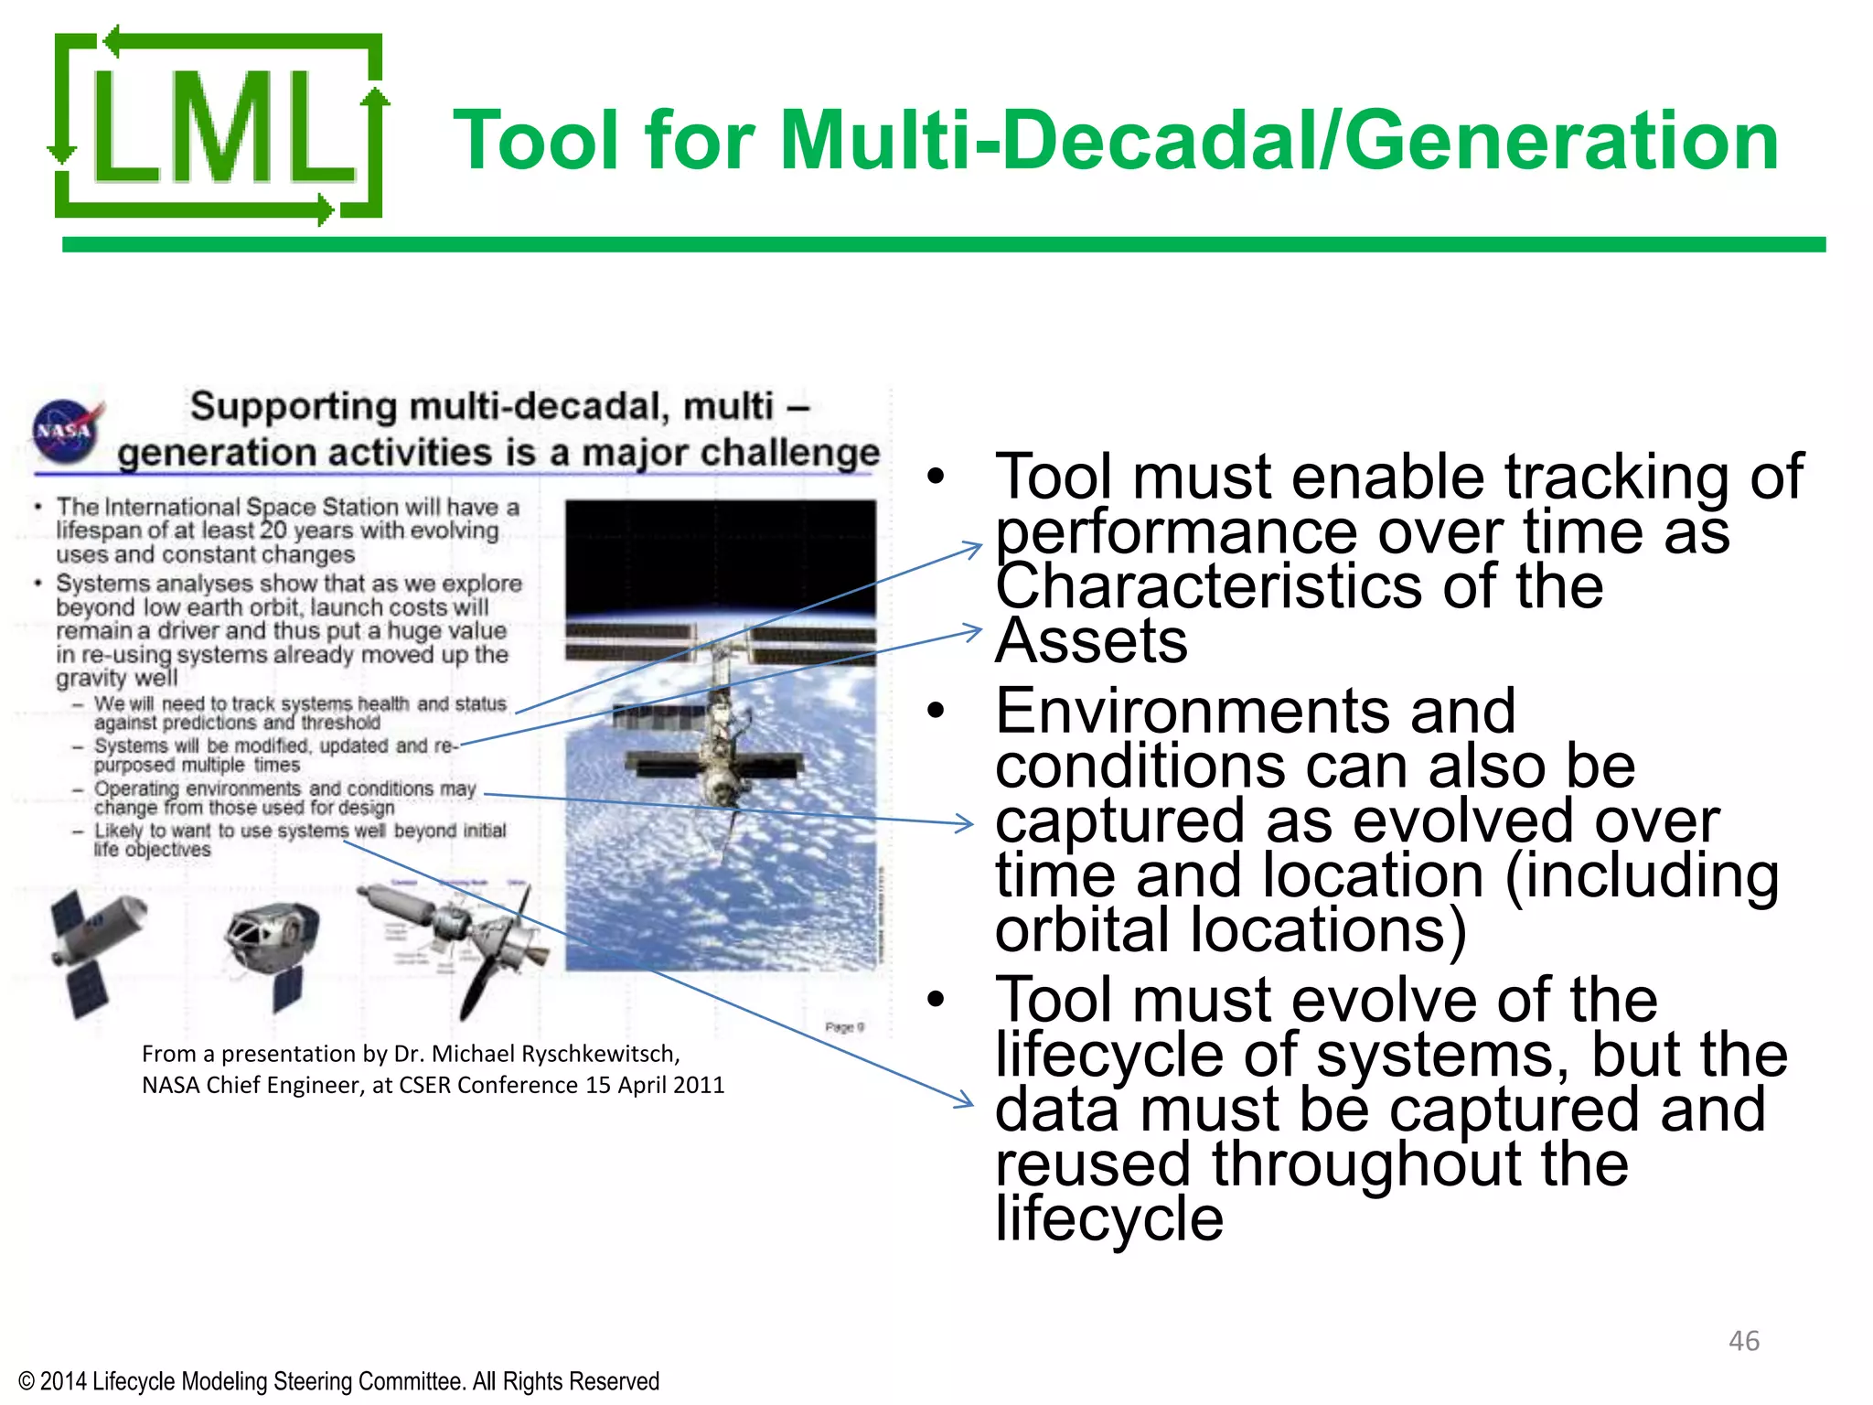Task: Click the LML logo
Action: pyautogui.click(x=218, y=128)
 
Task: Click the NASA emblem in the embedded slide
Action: pyautogui.click(x=66, y=430)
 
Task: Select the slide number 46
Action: pyautogui.click(x=1743, y=1341)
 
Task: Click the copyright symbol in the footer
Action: pyautogui.click(x=27, y=1381)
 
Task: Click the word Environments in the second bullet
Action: pyautogui.click(x=1255, y=711)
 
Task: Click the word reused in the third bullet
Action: pyautogui.click(x=1093, y=1164)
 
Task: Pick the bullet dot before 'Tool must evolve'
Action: pyautogui.click(x=935, y=1000)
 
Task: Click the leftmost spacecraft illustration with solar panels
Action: pyautogui.click(x=96, y=951)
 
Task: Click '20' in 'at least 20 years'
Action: pyautogui.click(x=273, y=531)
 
